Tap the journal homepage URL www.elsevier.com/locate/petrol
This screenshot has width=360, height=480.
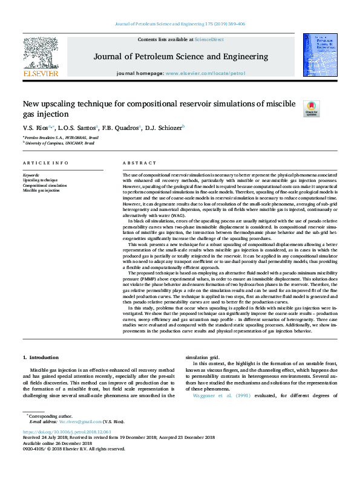point(205,73)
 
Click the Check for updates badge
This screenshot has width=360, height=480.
point(311,108)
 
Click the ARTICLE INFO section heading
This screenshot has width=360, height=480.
point(45,163)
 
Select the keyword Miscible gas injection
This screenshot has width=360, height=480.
point(42,190)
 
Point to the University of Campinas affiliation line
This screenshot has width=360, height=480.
point(59,143)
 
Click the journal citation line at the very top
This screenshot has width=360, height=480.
point(180,24)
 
